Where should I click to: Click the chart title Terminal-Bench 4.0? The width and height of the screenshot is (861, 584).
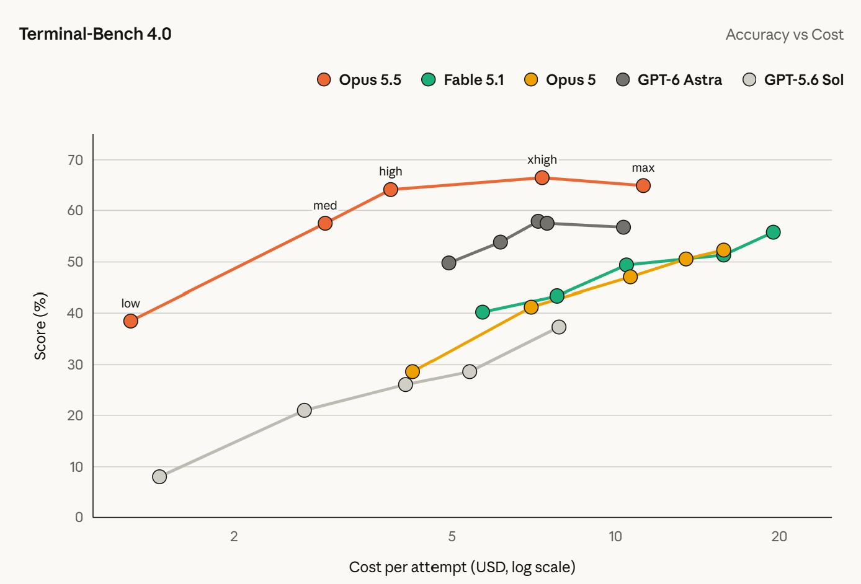tap(96, 34)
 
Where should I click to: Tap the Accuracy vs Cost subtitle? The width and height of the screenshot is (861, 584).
tap(784, 35)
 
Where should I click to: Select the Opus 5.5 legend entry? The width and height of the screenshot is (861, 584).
tap(359, 80)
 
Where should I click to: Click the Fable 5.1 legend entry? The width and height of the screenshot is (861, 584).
tap(462, 80)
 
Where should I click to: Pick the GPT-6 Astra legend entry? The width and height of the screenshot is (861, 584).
tap(669, 80)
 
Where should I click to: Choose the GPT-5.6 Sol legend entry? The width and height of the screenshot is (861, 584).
tap(793, 80)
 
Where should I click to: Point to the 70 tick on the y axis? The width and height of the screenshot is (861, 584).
tap(75, 160)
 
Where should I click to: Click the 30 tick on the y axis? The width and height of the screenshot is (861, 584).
tap(75, 365)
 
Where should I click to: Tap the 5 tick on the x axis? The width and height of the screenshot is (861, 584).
tap(452, 536)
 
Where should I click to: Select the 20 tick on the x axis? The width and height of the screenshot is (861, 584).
tap(779, 536)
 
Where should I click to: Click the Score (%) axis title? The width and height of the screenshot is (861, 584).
tap(40, 326)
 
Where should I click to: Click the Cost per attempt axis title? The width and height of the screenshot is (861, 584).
tap(462, 567)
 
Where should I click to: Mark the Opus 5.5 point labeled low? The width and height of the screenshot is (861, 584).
tap(131, 321)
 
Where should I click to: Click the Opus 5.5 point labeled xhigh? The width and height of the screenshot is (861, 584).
tap(542, 177)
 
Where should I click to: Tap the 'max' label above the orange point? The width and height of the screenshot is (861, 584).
tap(643, 168)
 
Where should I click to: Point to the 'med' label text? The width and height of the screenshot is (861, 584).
tap(325, 206)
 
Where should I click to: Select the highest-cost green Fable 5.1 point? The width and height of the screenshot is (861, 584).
tap(773, 232)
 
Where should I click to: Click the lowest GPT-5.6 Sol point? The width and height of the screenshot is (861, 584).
tap(159, 477)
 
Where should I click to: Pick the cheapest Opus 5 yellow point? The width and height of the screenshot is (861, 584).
tap(413, 371)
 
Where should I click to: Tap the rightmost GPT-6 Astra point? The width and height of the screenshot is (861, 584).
tap(623, 227)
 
